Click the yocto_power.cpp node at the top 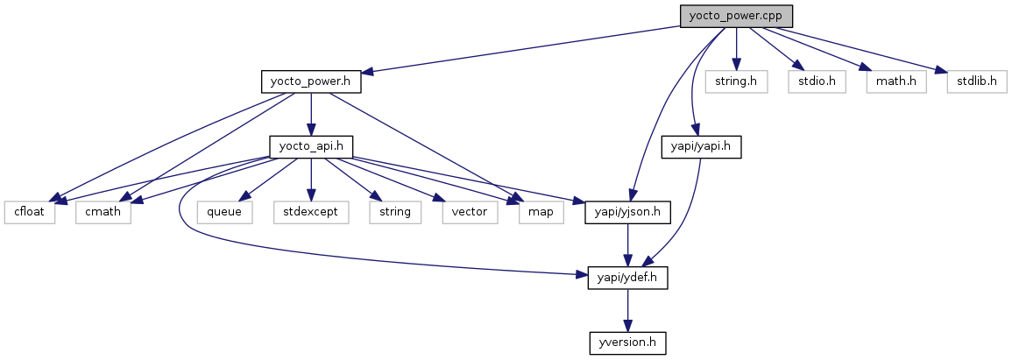[736, 16]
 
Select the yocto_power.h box [312, 81]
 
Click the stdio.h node [810, 81]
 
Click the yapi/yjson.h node [627, 212]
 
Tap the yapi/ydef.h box [627, 278]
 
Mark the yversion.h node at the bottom [627, 342]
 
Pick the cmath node [103, 212]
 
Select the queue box [223, 212]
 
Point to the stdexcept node [310, 212]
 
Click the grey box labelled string [394, 212]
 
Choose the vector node [470, 212]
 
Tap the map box [541, 212]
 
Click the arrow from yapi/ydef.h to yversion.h [627, 310]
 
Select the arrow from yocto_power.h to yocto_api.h [312, 114]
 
